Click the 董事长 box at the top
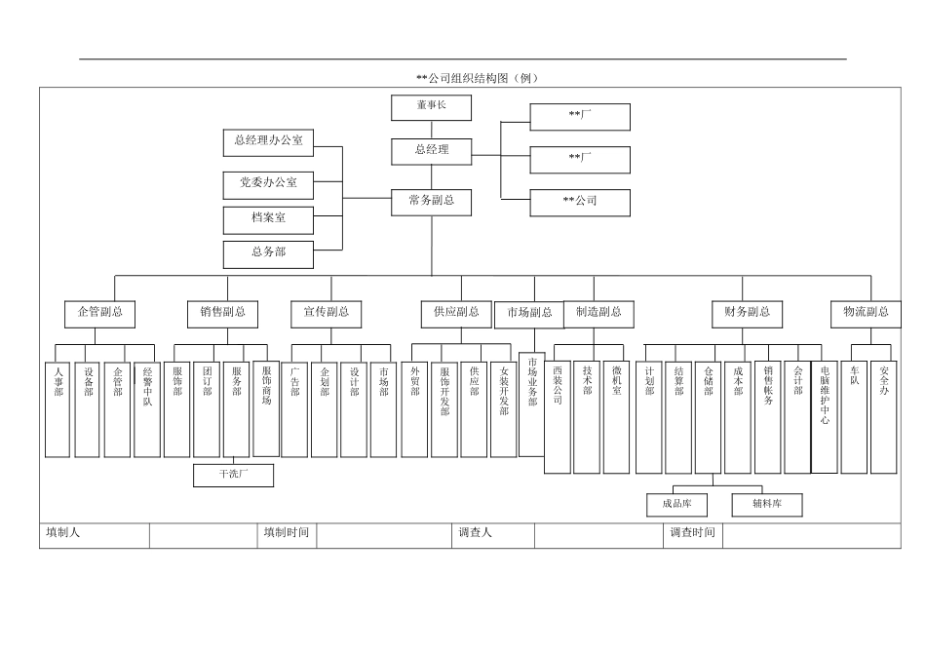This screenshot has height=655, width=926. pos(431,106)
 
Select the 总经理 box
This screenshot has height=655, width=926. pos(432,150)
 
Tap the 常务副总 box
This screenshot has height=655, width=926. pos(432,202)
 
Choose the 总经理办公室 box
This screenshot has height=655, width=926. pos(268,141)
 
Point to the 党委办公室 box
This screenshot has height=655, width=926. pos(268,181)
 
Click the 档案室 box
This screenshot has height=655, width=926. pos(268,217)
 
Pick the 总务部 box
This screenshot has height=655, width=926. pos(268,252)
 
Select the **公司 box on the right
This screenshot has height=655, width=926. pos(580,202)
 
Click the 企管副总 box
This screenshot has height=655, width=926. pos(99,313)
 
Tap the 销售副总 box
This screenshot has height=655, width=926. pos(222,313)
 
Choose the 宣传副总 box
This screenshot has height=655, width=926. pos(326,313)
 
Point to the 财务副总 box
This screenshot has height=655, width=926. pos(747,313)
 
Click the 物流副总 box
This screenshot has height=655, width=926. pos(866,313)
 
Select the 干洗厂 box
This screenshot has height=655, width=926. pos(233,476)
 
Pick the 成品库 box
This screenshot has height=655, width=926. pos(676,504)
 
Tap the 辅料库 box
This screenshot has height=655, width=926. pos(767,504)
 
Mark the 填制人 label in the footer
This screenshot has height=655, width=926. pos(62,534)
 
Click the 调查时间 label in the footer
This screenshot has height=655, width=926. pos(692,534)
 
